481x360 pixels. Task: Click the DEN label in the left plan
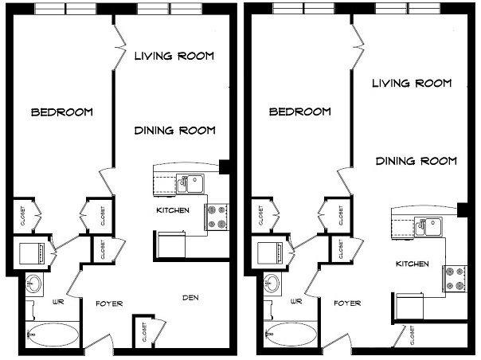point(190,297)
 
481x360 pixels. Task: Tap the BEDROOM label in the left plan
point(62,112)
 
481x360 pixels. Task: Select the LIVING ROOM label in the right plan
point(412,83)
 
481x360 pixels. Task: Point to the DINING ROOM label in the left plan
point(175,131)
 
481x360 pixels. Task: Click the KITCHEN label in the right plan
point(413,264)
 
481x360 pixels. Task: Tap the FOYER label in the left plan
point(109,303)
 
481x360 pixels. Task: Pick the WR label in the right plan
point(296,301)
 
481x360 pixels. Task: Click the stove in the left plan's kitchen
point(217,217)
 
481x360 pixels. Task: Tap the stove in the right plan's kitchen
point(455,279)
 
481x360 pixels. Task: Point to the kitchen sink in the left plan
point(190,184)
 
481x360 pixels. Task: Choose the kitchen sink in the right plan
point(428,226)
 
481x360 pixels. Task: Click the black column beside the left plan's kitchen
point(225,167)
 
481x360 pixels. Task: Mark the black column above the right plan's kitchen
point(463,210)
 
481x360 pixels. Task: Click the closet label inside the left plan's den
point(144,332)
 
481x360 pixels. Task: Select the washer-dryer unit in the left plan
point(32,253)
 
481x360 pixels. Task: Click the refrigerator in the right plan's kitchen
point(409,307)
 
